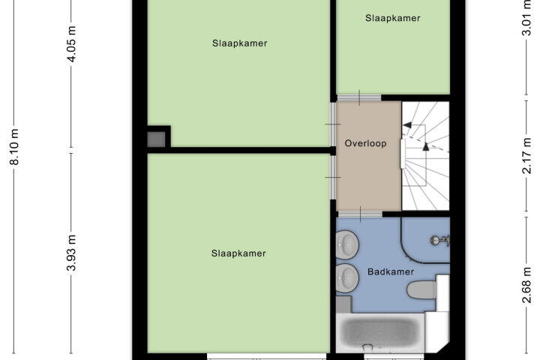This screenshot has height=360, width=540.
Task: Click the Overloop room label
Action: pyautogui.click(x=365, y=143)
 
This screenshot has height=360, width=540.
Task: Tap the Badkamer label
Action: pyautogui.click(x=391, y=271)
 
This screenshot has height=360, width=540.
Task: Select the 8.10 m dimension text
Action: pyautogui.click(x=14, y=147)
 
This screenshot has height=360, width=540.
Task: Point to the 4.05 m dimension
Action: pyautogui.click(x=71, y=44)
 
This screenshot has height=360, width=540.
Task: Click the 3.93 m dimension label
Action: pyautogui.click(x=71, y=253)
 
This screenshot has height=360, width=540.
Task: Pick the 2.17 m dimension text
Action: pyautogui.click(x=527, y=156)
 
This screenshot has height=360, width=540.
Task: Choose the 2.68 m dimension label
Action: pyautogui.click(x=527, y=284)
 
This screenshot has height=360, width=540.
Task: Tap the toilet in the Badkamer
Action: pyautogui.click(x=422, y=289)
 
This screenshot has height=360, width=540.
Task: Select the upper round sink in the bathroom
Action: pyautogui.click(x=347, y=244)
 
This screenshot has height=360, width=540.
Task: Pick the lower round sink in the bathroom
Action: pyautogui.click(x=347, y=278)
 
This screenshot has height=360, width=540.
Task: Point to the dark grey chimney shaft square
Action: pyautogui.click(x=157, y=139)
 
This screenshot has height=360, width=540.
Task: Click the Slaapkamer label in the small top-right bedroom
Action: pyautogui.click(x=392, y=18)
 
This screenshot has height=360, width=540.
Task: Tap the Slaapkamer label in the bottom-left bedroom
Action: pyautogui.click(x=238, y=253)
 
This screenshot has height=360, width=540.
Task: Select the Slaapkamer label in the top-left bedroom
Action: pyautogui.click(x=240, y=43)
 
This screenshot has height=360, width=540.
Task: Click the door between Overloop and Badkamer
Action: pyautogui.click(x=360, y=214)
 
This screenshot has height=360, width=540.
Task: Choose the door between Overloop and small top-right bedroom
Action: pyautogui.click(x=359, y=97)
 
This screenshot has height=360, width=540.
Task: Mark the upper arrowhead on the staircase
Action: pyautogui.click(x=408, y=124)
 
